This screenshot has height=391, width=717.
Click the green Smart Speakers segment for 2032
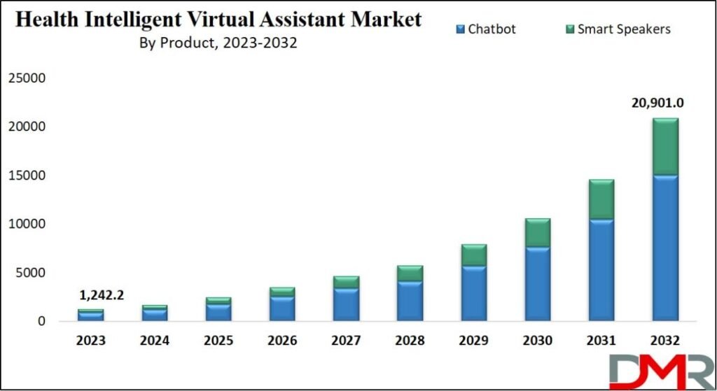point(664,146)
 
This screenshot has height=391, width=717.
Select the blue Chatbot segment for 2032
point(664,248)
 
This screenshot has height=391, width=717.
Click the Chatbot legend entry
point(490,29)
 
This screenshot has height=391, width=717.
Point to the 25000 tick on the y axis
point(27,78)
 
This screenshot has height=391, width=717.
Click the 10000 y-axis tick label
point(27,225)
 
